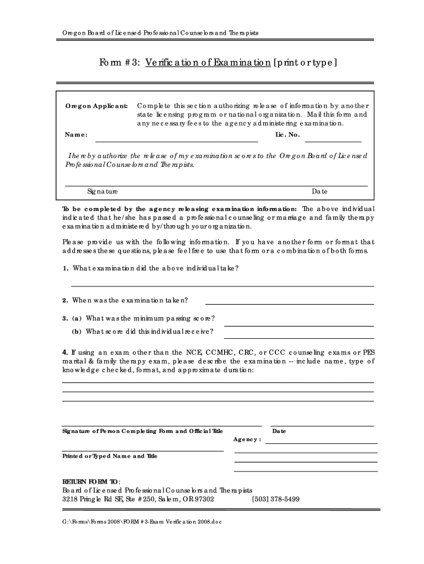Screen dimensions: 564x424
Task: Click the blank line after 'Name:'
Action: pos(177,142)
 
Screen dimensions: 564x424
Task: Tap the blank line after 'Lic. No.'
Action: pos(337,142)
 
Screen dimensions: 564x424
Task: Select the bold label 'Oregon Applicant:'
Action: pos(97,105)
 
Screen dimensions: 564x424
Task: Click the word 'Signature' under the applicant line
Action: pos(102,192)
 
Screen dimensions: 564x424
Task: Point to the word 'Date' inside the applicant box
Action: pos(319,192)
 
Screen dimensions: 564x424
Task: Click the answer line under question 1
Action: pos(222,286)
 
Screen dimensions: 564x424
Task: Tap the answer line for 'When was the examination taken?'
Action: pos(289,303)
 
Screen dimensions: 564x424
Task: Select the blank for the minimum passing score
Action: pos(298,325)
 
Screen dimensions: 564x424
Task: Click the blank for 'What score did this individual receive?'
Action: pos(298,337)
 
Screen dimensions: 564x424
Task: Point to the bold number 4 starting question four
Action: pos(64,352)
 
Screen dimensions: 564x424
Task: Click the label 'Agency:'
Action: pos(247,440)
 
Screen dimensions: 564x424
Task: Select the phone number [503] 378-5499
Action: pos(275,500)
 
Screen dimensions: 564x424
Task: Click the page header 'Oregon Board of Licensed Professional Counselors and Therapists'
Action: pos(160,34)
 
